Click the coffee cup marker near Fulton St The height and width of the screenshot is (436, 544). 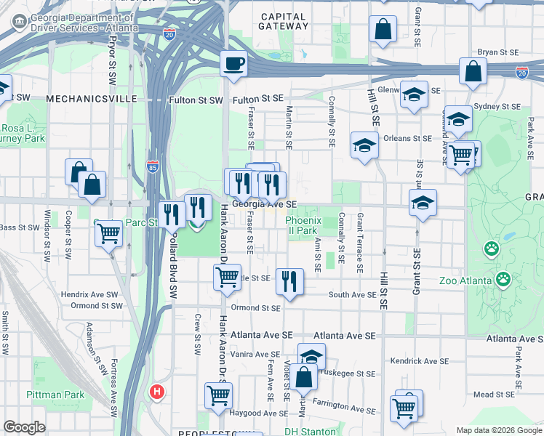(233, 64)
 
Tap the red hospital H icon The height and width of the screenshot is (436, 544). (156, 392)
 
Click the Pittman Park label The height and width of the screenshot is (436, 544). (55, 395)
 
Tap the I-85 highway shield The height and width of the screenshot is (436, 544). (152, 167)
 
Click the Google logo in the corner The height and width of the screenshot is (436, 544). (24, 427)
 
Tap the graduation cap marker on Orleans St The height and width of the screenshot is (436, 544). (364, 145)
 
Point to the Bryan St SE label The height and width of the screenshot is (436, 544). (497, 52)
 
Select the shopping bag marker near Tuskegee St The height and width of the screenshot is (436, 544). (305, 378)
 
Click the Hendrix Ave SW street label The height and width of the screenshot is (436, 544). (89, 294)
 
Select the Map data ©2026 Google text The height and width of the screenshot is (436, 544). (498, 430)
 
